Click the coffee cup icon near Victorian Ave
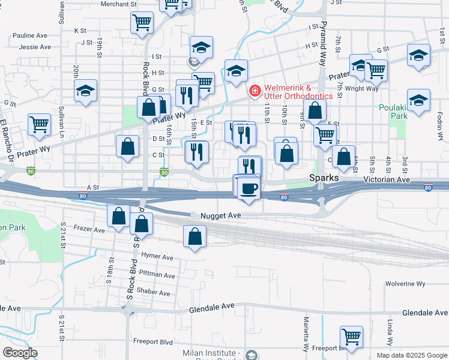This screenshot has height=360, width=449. [x=249, y=188]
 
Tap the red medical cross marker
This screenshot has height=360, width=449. [x=255, y=91]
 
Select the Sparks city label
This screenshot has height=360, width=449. [x=325, y=179]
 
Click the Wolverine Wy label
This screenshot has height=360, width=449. [x=405, y=283]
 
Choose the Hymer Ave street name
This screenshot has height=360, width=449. [x=157, y=256]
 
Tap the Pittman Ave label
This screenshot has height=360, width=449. [x=158, y=275]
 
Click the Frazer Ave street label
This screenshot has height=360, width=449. [x=89, y=229]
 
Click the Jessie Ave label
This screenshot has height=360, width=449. [x=33, y=46]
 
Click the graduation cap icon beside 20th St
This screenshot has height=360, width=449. [x=85, y=91]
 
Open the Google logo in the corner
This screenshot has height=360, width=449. [x=20, y=353]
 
